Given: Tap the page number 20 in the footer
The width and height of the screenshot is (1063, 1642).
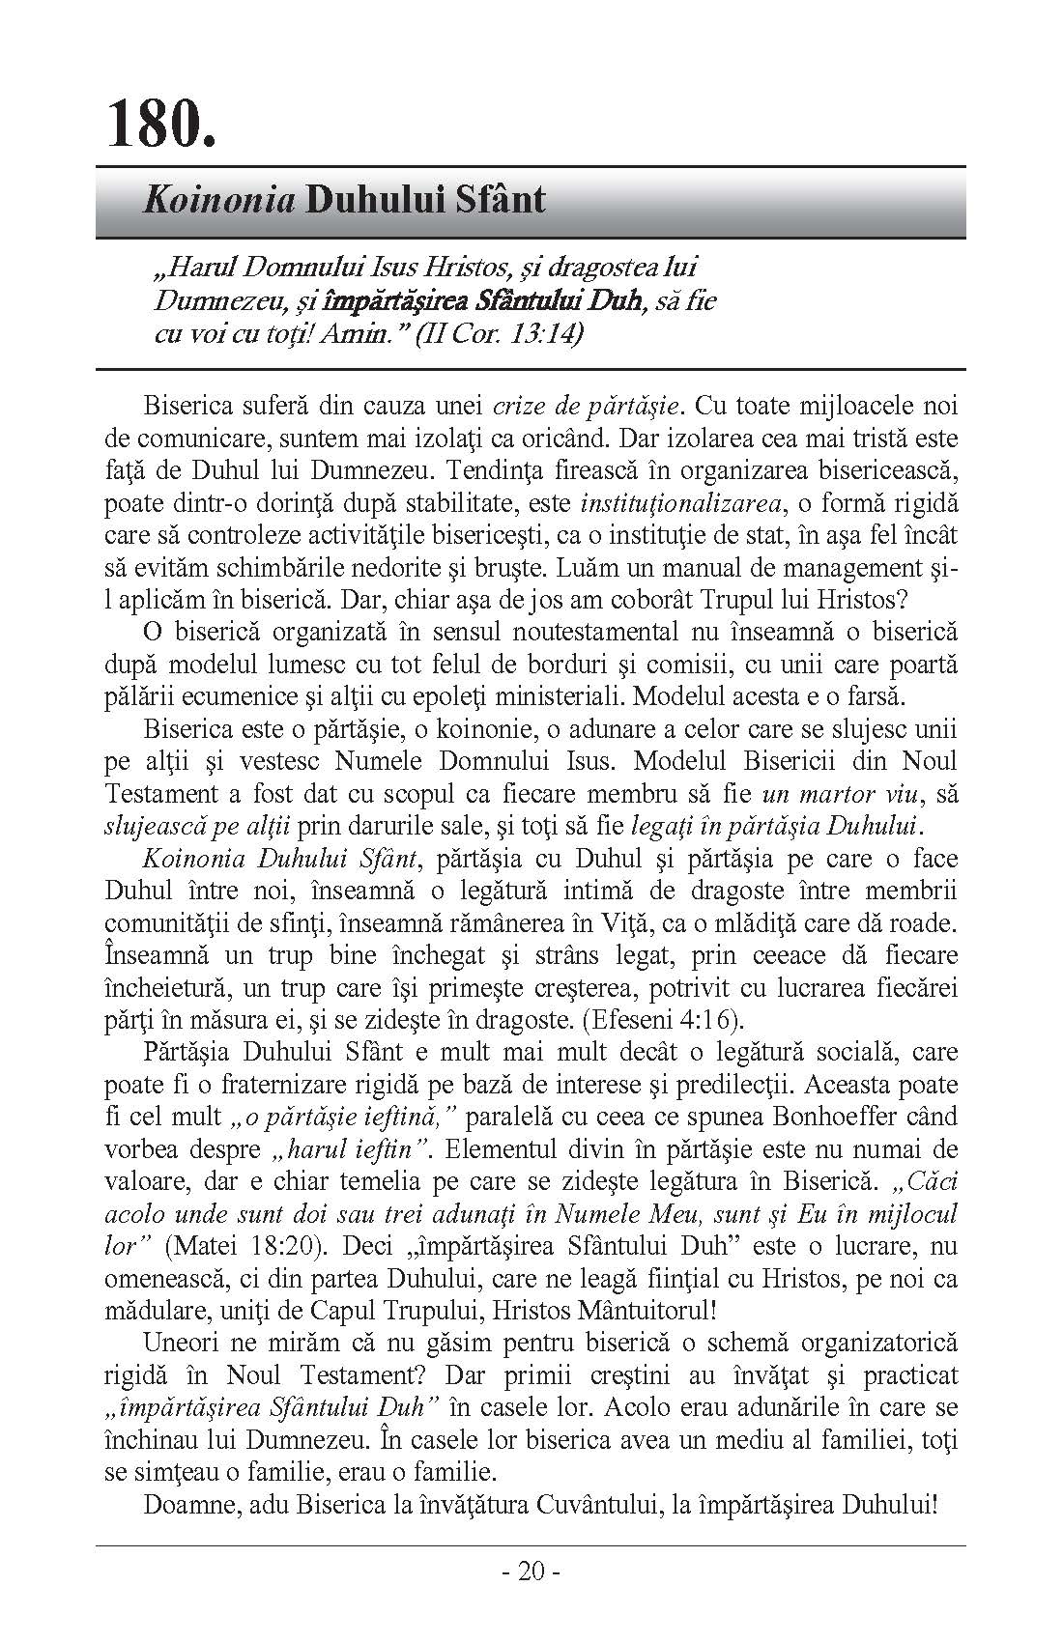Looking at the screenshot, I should [531, 1572].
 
